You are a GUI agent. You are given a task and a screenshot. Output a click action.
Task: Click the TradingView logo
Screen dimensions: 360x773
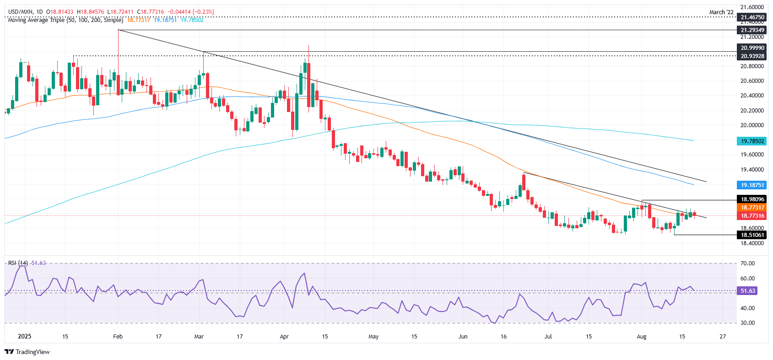27,352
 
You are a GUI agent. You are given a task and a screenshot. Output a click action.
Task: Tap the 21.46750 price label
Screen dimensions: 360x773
752,17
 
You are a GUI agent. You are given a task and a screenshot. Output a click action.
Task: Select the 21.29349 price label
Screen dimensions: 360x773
752,30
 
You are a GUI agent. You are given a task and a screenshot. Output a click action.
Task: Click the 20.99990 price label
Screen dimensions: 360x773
752,48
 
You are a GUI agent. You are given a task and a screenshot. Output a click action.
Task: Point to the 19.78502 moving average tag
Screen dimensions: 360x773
752,141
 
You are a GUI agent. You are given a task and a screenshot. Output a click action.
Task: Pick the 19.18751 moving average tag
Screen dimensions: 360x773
752,185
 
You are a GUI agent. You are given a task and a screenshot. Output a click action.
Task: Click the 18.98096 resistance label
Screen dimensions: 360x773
752,199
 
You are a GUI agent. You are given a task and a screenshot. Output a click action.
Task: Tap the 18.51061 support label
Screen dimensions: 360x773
752,235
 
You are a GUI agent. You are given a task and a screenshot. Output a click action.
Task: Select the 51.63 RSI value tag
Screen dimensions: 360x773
747,291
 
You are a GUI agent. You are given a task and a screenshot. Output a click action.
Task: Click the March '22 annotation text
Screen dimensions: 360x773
721,12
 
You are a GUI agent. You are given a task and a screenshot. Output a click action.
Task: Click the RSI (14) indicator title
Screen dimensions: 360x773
18,263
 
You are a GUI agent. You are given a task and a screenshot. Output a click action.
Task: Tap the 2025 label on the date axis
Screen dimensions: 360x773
24,337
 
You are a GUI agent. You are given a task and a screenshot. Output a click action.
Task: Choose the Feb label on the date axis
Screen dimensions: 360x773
118,337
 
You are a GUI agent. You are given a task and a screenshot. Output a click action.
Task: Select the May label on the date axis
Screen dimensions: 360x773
373,337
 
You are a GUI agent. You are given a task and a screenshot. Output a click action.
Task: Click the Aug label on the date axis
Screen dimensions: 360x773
642,337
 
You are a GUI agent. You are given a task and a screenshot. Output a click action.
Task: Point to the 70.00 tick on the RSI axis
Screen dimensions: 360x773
747,263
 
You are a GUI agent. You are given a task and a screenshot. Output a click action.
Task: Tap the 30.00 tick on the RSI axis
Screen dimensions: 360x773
747,323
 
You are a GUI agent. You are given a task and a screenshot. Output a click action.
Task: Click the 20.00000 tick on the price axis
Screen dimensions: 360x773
752,125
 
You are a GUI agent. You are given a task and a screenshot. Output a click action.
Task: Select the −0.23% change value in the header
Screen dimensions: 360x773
204,12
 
